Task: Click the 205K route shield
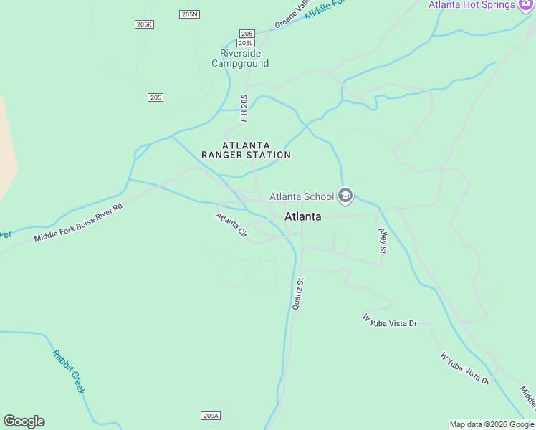coord(144,24)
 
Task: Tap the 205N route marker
coord(190,14)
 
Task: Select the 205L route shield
coord(246,43)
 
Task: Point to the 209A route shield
coord(210,416)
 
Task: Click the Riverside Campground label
coord(240,58)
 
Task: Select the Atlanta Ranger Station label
coord(246,150)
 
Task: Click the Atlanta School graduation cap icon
coord(345,196)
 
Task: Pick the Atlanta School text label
coord(301,196)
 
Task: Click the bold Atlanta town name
coord(302,216)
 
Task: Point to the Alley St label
coord(382,242)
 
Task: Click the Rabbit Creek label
coord(69,371)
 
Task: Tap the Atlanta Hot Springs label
coord(472,5)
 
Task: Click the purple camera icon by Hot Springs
coord(526,4)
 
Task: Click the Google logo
coord(24,421)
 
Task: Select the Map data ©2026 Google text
coord(492,424)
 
